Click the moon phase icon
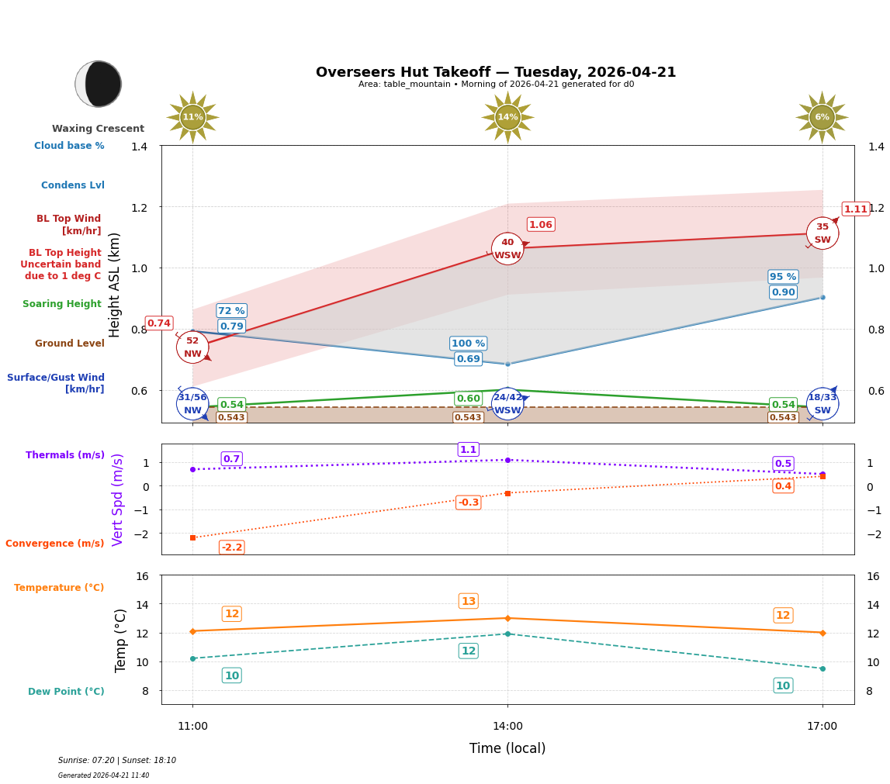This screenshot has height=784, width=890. point(99,84)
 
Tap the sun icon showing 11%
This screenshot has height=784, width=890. point(192,117)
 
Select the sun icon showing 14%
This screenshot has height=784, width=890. point(507,117)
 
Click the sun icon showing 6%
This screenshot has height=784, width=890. point(822,117)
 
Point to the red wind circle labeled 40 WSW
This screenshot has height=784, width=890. point(507,249)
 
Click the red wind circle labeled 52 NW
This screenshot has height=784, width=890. point(192,347)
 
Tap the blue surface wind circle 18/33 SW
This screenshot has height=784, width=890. point(822,403)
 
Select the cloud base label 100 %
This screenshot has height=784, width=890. point(468,344)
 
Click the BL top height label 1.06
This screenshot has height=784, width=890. point(540,225)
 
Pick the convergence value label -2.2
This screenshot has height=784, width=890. point(231,547)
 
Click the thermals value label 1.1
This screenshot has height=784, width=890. point(468,450)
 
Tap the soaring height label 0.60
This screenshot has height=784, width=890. point(468,399)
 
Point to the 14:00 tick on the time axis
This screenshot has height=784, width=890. point(507,727)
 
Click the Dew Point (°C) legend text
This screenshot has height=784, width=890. point(66,692)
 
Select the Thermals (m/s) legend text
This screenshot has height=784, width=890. point(65,455)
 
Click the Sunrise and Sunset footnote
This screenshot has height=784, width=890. point(117,761)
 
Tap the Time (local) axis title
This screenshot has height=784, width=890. point(507,748)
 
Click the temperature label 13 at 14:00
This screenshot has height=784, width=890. point(468,601)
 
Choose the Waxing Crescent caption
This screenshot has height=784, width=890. point(98,129)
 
